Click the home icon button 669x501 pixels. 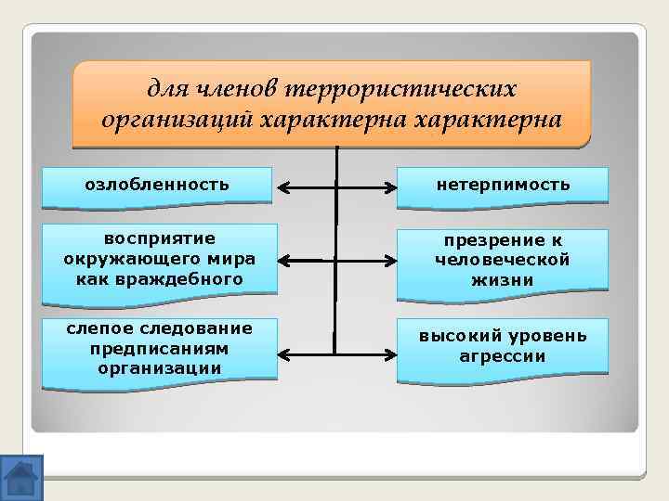click(x=21, y=477)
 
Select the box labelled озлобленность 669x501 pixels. click(x=156, y=184)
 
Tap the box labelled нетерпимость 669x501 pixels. click(x=503, y=185)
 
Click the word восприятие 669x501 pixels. click(x=159, y=238)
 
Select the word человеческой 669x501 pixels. click(x=503, y=260)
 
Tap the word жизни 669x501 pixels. click(x=503, y=279)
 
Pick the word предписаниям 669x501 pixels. click(x=159, y=348)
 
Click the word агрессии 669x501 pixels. click(x=503, y=355)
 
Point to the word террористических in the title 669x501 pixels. click(x=401, y=90)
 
